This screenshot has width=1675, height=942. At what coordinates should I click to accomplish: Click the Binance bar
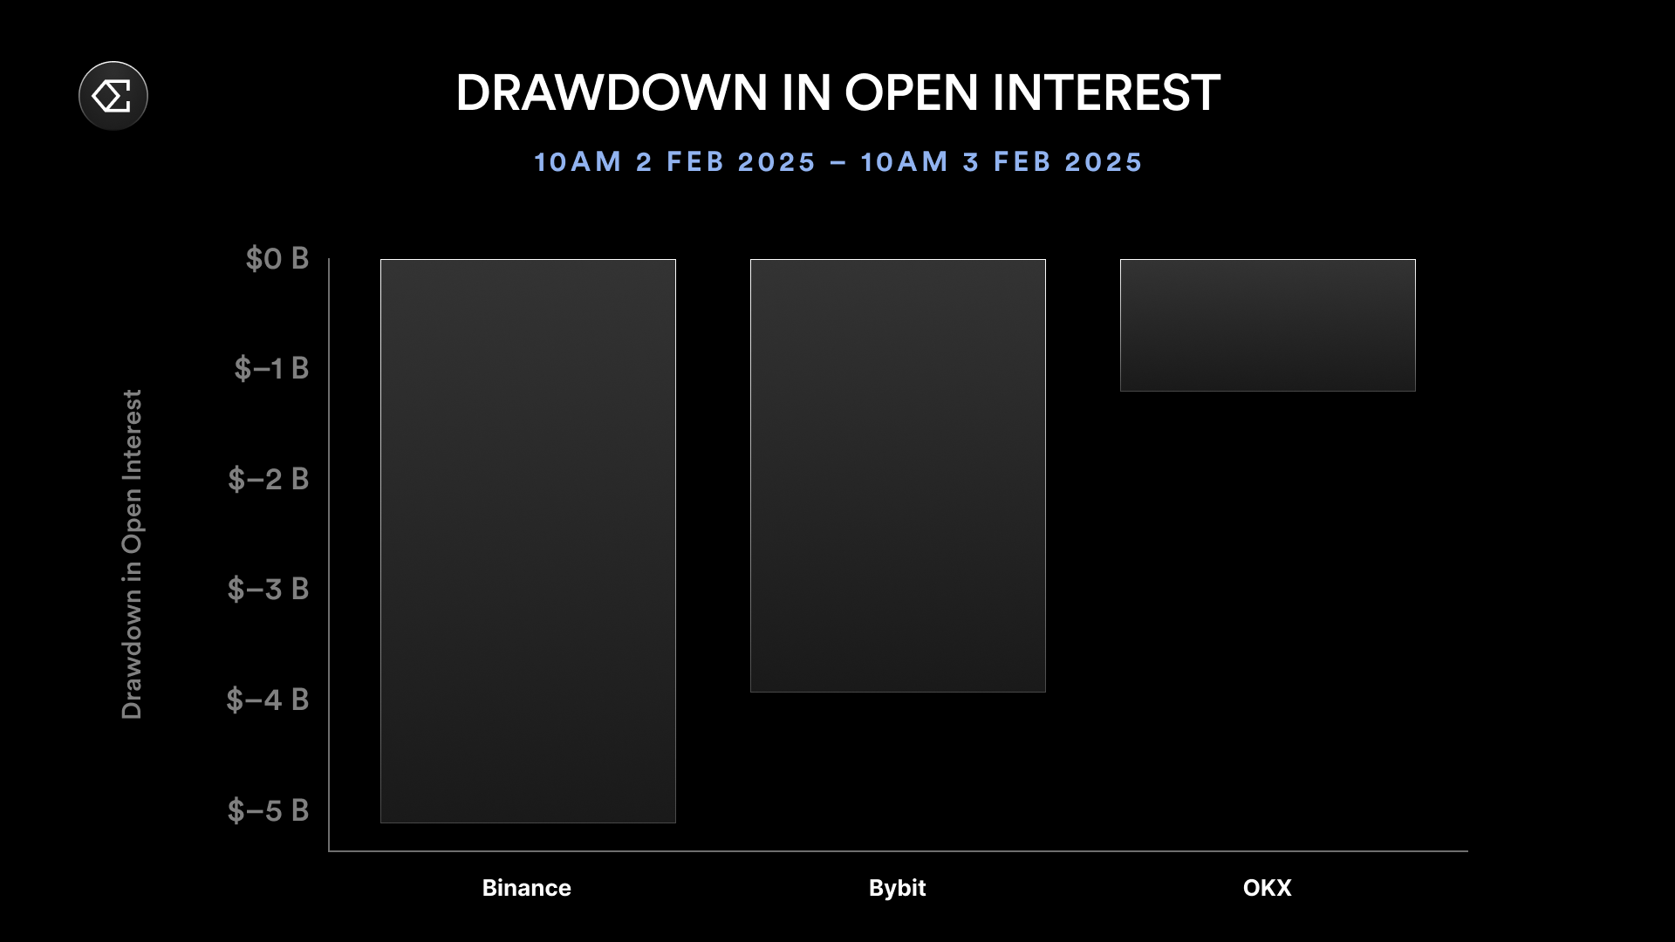(528, 541)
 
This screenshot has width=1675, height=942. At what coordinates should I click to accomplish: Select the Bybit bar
(898, 475)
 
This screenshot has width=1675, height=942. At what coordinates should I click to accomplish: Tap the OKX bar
(1268, 325)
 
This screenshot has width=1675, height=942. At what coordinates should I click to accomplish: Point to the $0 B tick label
(277, 258)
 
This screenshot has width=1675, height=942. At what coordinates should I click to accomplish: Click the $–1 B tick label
(271, 368)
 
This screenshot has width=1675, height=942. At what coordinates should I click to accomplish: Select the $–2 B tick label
(269, 479)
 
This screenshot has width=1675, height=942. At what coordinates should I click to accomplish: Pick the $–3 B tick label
(269, 589)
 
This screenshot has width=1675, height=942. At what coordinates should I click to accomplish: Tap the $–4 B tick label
(268, 700)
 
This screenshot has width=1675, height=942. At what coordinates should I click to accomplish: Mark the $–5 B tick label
(269, 810)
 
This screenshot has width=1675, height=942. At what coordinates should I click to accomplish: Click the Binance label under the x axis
(527, 888)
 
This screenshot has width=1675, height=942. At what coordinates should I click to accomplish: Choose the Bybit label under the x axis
(898, 888)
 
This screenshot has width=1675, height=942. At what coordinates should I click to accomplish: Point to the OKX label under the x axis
(1268, 888)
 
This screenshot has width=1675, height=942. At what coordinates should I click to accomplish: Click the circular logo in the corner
(113, 96)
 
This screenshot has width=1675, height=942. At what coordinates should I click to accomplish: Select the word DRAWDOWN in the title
(612, 92)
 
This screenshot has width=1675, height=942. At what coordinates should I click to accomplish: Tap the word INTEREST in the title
(1106, 92)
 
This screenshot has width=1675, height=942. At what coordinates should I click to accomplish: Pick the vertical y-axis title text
(131, 555)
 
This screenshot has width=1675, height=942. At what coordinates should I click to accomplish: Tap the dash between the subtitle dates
(838, 162)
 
